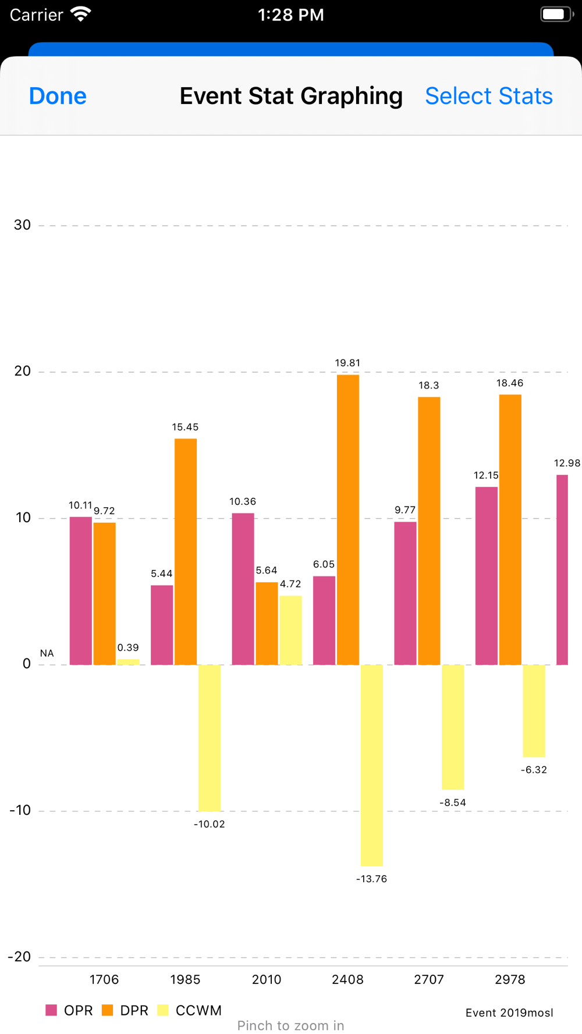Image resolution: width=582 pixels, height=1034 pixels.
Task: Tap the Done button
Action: tap(58, 97)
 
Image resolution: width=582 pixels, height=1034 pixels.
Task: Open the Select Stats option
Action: tap(488, 97)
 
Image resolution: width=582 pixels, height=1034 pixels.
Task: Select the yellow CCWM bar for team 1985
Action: tap(209, 737)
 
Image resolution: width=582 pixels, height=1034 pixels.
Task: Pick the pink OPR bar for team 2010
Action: tap(243, 589)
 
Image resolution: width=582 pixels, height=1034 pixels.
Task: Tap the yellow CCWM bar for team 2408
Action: tap(371, 765)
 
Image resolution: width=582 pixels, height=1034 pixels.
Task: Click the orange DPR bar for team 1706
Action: tap(104, 593)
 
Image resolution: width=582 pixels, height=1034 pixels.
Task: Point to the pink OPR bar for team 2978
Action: tap(486, 576)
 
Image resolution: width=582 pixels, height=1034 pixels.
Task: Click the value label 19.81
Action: tap(347, 363)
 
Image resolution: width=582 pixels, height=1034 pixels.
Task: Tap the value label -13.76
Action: tap(371, 879)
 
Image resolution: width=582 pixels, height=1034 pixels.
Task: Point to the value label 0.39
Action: tap(128, 648)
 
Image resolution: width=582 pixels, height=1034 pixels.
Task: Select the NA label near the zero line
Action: tap(47, 654)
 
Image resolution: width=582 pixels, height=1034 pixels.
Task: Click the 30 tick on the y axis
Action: tap(22, 225)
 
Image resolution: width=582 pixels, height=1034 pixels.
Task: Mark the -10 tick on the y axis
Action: tap(20, 810)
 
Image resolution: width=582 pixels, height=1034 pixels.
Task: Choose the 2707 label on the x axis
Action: tap(429, 979)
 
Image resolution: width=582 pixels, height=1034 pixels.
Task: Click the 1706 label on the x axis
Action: tap(104, 979)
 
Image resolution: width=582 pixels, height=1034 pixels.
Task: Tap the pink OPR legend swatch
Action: tap(51, 1010)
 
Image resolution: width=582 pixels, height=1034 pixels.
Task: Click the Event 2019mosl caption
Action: tap(509, 1013)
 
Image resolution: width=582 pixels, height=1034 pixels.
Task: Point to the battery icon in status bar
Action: tap(556, 15)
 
